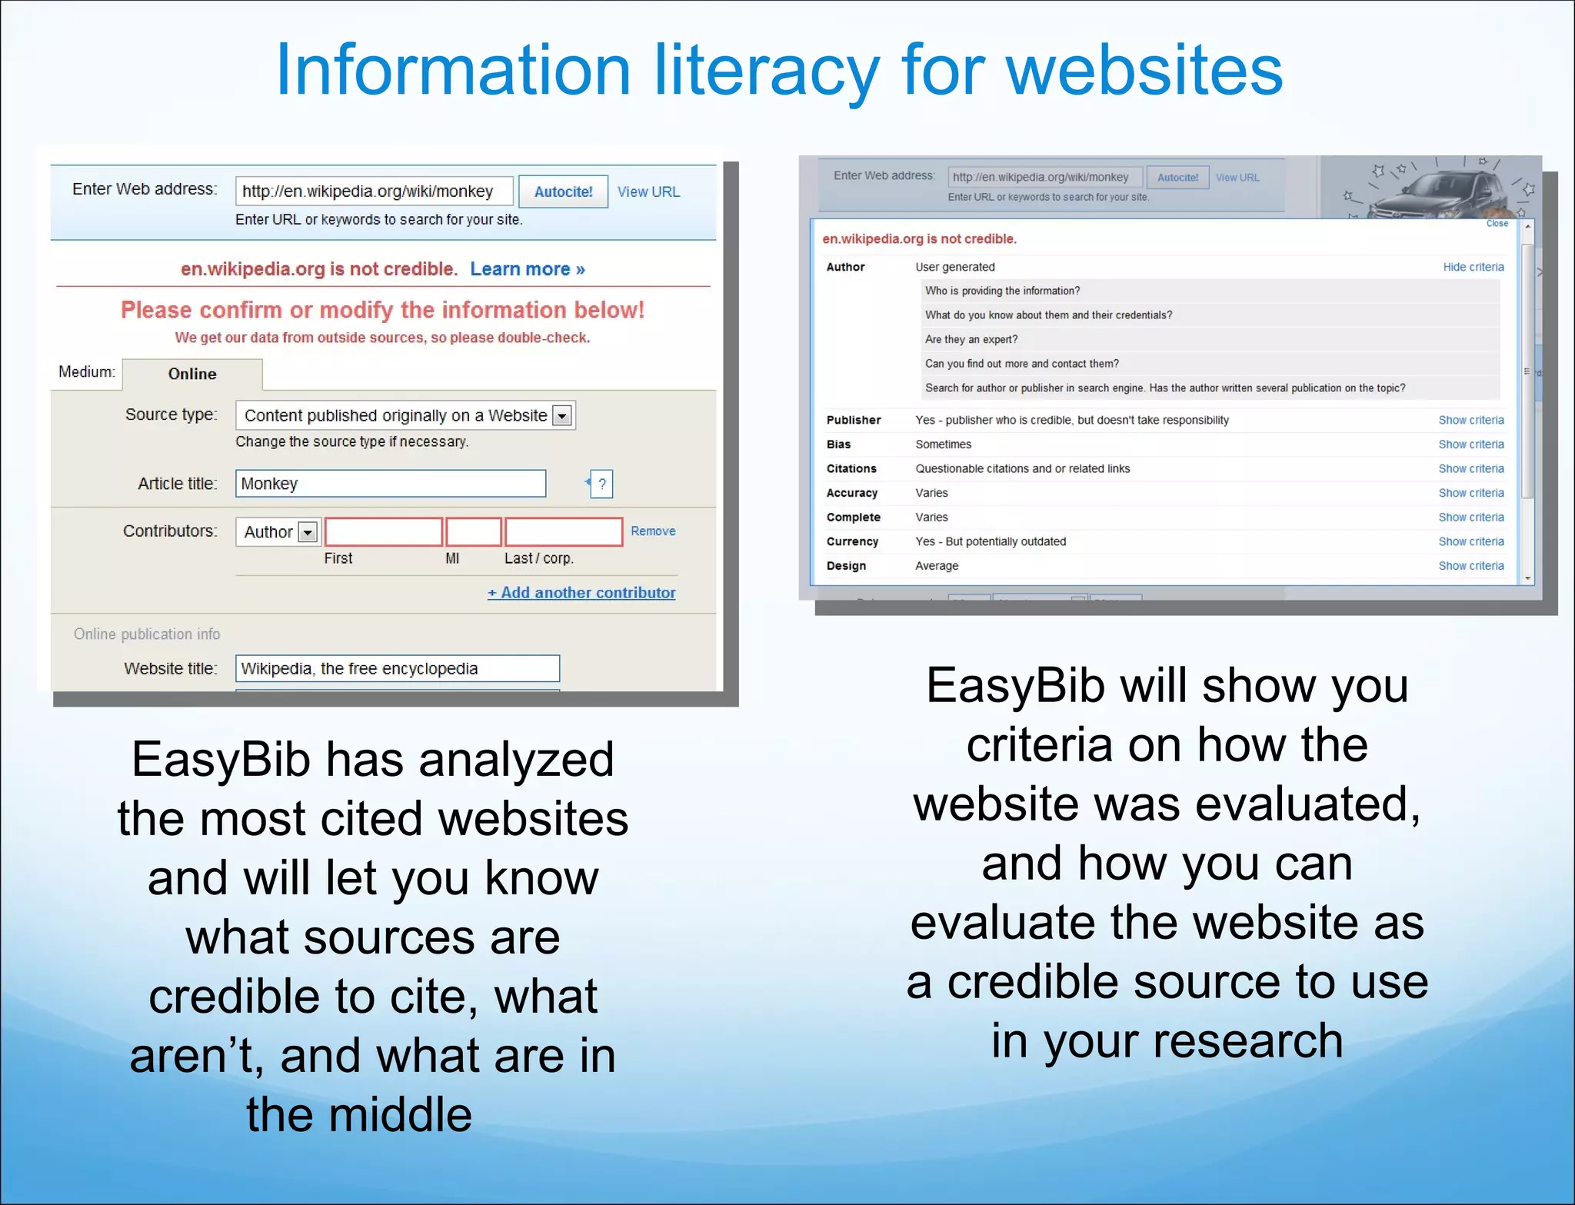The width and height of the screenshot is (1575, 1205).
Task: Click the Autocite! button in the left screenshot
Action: click(x=563, y=191)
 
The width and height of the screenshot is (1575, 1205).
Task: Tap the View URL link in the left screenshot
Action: click(x=648, y=191)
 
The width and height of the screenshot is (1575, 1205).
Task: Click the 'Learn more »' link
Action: click(x=528, y=269)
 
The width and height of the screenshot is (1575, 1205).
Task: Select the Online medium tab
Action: click(x=192, y=374)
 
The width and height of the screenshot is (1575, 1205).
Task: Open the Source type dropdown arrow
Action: click(x=563, y=416)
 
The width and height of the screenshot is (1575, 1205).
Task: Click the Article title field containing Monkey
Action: click(x=391, y=484)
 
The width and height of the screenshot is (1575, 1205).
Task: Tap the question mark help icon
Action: click(x=601, y=484)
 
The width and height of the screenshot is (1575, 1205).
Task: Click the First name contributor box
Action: click(x=383, y=531)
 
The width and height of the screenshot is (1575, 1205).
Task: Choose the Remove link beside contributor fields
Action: click(x=653, y=531)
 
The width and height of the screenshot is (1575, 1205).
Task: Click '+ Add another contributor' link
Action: click(x=581, y=593)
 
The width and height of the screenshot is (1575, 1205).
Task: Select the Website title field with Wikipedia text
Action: click(x=397, y=668)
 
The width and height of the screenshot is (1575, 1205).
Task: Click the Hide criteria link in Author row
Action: click(x=1473, y=267)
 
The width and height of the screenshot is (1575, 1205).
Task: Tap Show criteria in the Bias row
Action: click(x=1470, y=444)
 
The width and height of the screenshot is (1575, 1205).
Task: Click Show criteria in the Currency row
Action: click(x=1470, y=541)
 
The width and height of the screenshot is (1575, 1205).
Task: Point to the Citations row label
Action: click(x=851, y=468)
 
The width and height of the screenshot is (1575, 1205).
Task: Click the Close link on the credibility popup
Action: click(x=1497, y=224)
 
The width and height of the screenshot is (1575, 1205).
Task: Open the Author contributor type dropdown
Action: click(x=308, y=532)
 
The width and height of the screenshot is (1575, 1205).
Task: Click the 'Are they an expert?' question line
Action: click(x=971, y=339)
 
